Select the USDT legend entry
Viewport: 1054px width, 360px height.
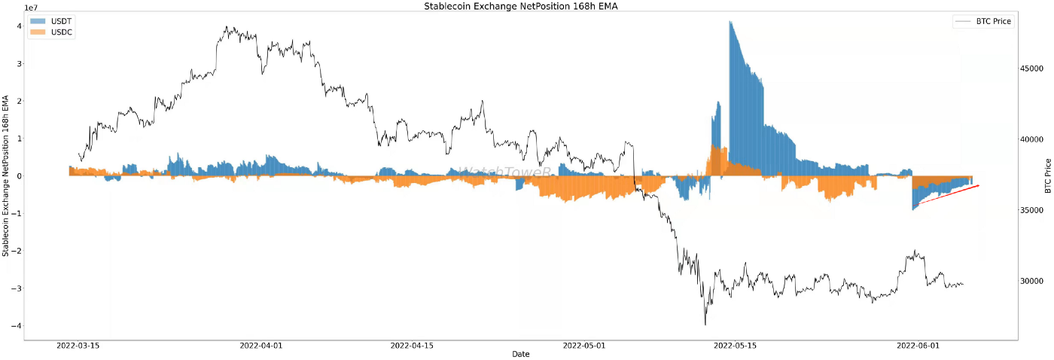tap(47, 21)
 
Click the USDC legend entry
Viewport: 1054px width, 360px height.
tap(47, 33)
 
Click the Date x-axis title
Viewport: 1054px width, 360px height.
tap(520, 354)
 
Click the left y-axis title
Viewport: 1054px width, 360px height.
tap(6, 175)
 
